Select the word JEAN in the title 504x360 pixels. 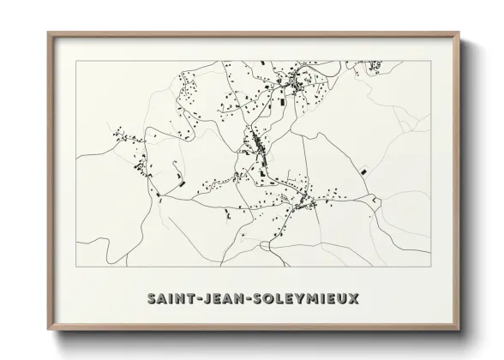point(224,299)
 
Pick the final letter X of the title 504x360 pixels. point(355,299)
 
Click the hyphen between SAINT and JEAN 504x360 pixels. point(200,299)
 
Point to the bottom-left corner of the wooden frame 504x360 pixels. point(48,330)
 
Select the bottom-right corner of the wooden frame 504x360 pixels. point(459,330)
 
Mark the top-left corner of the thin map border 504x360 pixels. point(76,61)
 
